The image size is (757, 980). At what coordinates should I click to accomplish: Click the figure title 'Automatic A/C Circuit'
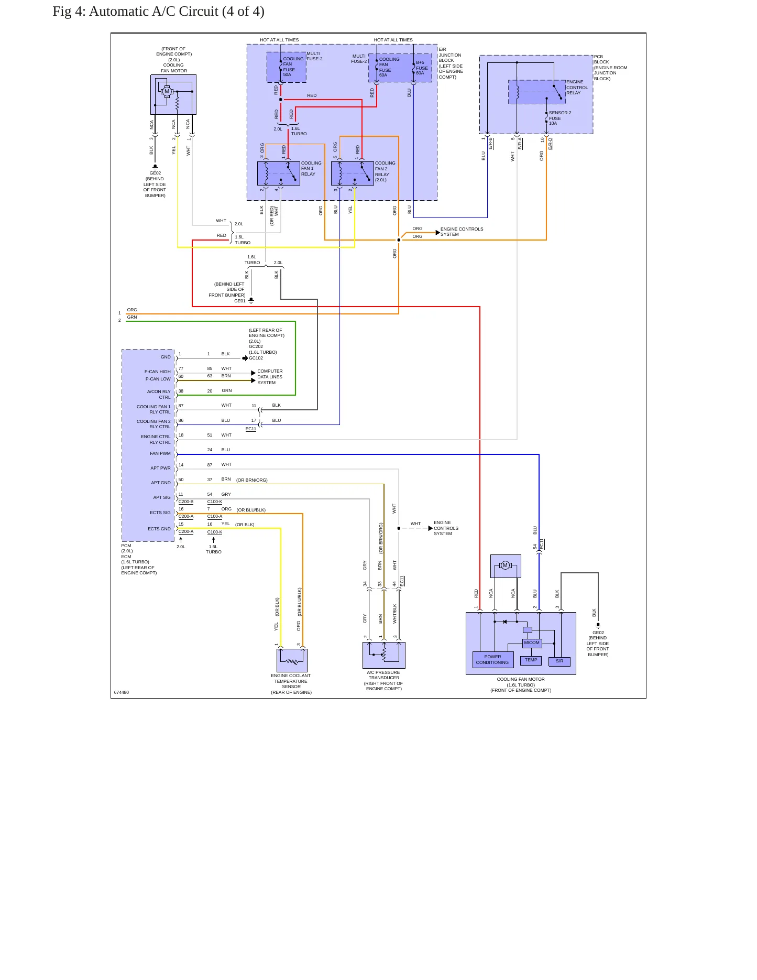click(x=153, y=11)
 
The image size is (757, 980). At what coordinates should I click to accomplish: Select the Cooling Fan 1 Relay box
click(x=279, y=173)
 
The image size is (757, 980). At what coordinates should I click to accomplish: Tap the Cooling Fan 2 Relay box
click(x=353, y=173)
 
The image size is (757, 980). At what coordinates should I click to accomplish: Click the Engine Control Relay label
click(x=577, y=88)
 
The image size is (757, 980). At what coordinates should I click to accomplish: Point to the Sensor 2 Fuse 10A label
click(x=559, y=118)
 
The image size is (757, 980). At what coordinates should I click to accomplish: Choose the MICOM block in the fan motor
click(x=532, y=643)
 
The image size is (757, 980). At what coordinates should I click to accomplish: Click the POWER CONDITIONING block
click(x=492, y=659)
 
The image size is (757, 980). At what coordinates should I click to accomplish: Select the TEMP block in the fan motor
click(x=531, y=660)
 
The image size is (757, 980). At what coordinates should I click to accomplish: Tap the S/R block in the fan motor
click(x=559, y=661)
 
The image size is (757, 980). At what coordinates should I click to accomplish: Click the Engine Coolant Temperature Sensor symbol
click(x=292, y=659)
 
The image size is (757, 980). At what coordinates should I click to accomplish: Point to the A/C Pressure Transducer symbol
click(x=384, y=655)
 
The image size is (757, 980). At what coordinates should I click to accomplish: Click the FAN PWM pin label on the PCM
click(x=160, y=453)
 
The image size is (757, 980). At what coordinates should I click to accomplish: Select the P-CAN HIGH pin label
click(x=158, y=372)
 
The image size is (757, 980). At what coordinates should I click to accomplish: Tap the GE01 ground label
click(x=240, y=301)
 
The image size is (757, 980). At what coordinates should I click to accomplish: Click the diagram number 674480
click(x=122, y=692)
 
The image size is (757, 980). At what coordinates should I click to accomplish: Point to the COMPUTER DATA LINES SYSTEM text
click(x=270, y=377)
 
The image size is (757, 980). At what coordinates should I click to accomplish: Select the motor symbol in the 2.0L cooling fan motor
click(x=167, y=92)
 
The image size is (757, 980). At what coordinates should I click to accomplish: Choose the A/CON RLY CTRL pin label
click(x=159, y=394)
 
